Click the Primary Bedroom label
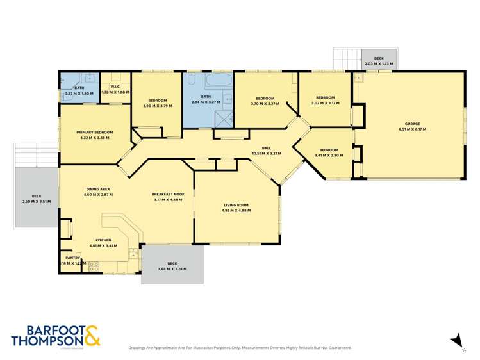click(x=95, y=133)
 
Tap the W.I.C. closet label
click(x=116, y=87)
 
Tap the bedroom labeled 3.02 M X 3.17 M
click(x=325, y=101)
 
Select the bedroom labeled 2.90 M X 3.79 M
click(x=157, y=103)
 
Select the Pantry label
click(x=72, y=258)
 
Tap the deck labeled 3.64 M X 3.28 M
click(x=172, y=266)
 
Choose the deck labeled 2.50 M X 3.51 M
click(x=37, y=199)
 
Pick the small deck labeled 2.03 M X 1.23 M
click(x=379, y=61)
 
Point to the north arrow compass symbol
click(x=456, y=340)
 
